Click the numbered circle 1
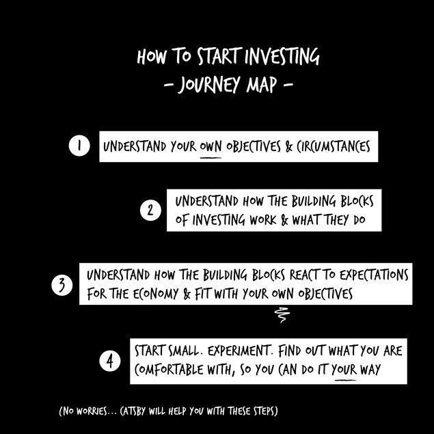click(79, 146)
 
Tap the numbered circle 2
click(150, 210)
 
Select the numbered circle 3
click(62, 285)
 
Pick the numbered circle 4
click(110, 361)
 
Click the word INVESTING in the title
click(282, 56)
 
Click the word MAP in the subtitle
click(262, 84)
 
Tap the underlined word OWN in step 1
click(211, 147)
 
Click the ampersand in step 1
click(288, 147)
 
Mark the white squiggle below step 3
click(282, 315)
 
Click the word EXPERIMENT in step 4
click(239, 351)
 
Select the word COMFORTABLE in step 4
click(169, 370)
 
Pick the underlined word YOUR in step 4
click(345, 370)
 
